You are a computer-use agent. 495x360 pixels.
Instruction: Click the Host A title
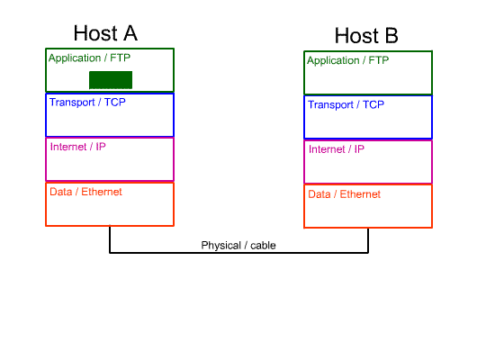(105, 33)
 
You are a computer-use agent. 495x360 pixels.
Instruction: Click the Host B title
(366, 35)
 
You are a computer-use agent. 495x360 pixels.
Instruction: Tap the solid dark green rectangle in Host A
(111, 80)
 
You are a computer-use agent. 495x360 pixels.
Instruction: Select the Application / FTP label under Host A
(89, 58)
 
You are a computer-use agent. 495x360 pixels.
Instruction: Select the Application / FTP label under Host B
(348, 60)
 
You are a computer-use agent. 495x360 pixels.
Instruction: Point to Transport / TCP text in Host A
(87, 103)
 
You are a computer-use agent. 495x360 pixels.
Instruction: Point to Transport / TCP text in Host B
(346, 104)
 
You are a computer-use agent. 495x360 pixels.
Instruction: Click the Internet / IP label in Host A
(78, 147)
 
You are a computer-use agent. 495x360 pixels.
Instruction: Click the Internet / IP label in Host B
(337, 149)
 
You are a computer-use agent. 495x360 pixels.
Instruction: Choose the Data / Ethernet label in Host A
(85, 192)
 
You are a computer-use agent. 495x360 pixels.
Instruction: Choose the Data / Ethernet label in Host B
(345, 194)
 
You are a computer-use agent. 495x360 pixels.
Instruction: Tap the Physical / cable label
(238, 246)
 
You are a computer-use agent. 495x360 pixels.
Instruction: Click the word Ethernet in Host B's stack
(360, 194)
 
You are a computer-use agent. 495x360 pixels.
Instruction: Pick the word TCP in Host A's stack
(115, 103)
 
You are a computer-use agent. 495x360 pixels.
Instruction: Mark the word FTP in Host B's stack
(379, 60)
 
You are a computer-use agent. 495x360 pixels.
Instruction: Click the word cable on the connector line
(264, 246)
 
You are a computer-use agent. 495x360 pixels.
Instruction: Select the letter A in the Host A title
(130, 33)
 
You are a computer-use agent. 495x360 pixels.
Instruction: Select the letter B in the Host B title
(391, 35)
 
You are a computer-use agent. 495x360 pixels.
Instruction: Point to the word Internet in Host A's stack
(68, 147)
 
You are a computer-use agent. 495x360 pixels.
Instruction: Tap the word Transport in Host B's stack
(331, 104)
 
